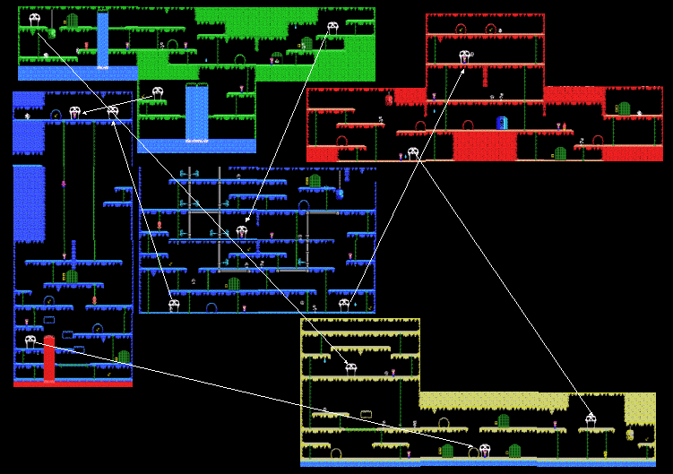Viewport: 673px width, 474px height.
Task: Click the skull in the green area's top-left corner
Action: (x=35, y=18)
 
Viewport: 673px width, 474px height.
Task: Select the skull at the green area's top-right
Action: (x=332, y=28)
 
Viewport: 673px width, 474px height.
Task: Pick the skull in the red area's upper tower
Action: (x=465, y=56)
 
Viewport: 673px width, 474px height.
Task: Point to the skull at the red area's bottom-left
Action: (x=412, y=152)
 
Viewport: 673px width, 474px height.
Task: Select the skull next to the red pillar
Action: (x=30, y=340)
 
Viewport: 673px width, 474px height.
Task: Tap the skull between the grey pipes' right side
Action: (x=242, y=231)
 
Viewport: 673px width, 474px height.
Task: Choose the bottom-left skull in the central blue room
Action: (x=174, y=305)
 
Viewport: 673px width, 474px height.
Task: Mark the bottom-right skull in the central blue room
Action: (x=344, y=305)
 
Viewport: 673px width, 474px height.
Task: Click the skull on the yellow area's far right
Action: (x=591, y=418)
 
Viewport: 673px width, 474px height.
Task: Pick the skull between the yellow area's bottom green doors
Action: (x=485, y=449)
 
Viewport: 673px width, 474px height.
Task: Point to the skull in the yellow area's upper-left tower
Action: (x=351, y=366)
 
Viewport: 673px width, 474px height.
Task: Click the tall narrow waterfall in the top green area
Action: (x=102, y=40)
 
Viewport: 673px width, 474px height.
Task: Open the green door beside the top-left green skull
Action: (x=72, y=20)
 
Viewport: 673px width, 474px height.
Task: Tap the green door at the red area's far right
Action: (x=624, y=108)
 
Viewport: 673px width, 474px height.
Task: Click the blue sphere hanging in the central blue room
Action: (x=340, y=194)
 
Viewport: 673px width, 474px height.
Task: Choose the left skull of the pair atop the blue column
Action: (x=75, y=112)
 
